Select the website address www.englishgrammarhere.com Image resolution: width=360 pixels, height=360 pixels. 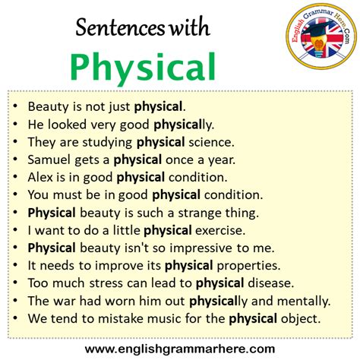pos(180,348)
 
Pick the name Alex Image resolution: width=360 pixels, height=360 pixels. pos(40,177)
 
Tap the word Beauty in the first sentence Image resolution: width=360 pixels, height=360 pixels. pos(47,106)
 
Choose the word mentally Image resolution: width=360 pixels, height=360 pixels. pos(305,301)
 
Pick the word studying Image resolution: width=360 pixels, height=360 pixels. pos(109,141)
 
